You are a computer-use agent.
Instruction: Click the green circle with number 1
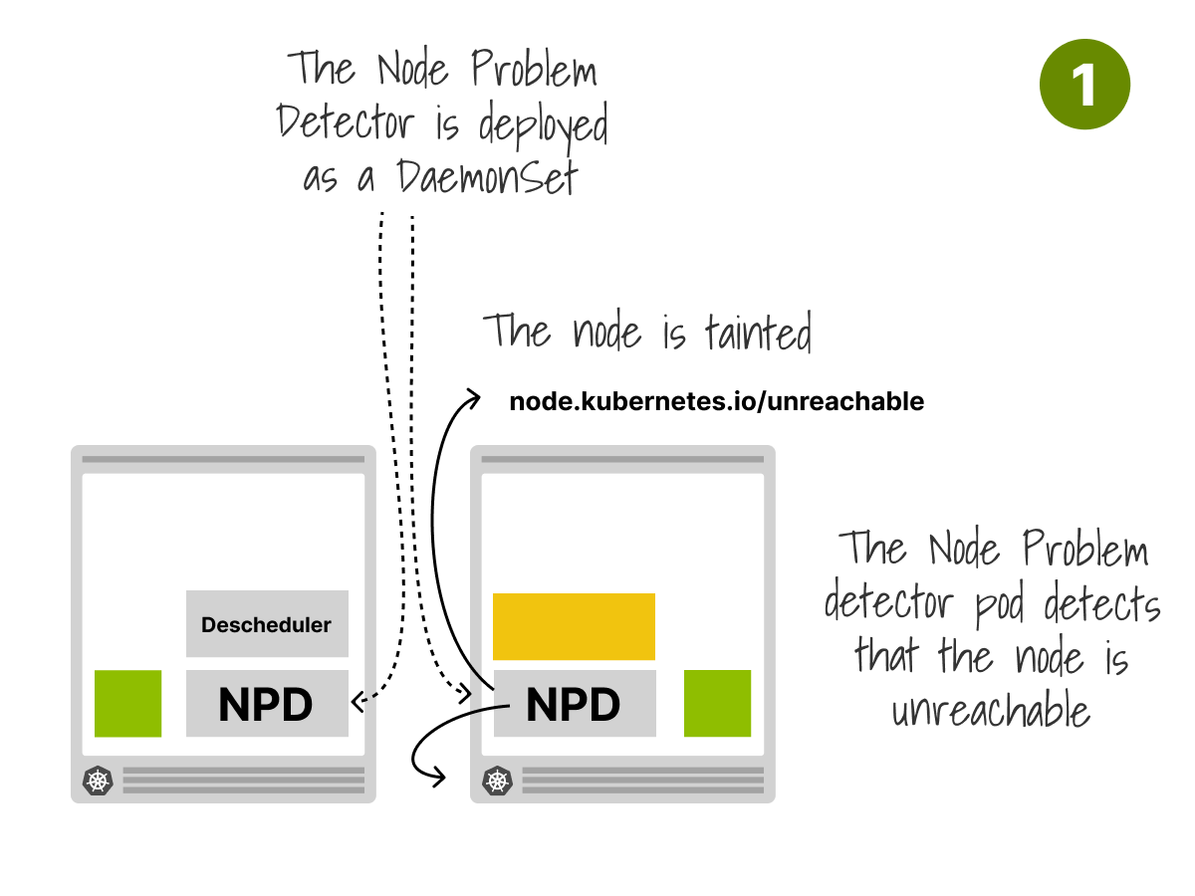coord(1083,85)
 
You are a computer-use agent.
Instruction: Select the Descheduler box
coord(267,623)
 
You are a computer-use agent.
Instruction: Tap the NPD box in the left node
coord(267,704)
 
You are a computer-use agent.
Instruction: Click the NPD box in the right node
coord(575,704)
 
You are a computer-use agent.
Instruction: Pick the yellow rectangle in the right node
coord(574,627)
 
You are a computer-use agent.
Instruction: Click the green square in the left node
coord(127,704)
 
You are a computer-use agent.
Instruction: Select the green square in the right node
coord(717,704)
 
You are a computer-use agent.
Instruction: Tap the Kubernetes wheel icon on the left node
coord(98,782)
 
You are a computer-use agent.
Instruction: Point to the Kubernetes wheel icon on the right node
coord(497,782)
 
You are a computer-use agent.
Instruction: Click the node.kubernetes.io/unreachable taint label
coord(716,402)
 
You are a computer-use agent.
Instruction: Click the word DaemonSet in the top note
coord(487,177)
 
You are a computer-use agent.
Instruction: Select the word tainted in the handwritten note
coord(759,332)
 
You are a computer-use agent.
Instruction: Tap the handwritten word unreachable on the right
coord(991,710)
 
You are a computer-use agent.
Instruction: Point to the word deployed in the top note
coord(544,127)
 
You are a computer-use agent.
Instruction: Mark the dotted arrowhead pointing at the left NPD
coord(358,701)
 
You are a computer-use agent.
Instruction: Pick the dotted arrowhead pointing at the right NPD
coord(465,693)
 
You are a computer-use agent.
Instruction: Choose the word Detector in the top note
coord(346,120)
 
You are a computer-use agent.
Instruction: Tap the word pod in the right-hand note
coord(1000,604)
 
